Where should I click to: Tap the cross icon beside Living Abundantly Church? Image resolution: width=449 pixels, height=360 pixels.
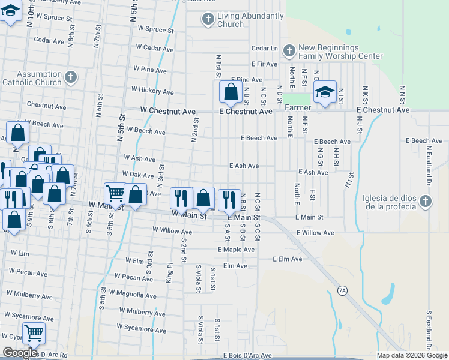point(208,19)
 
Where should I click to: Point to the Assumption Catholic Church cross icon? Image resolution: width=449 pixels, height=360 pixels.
point(71,77)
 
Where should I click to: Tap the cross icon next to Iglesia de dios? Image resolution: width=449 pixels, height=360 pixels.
point(425,201)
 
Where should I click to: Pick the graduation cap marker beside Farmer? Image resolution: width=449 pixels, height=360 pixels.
point(325,92)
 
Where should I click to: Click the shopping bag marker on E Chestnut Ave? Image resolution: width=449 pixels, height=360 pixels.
point(231,92)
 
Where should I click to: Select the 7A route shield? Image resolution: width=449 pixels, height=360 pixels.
point(342,291)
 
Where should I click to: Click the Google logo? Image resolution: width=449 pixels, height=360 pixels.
point(20,353)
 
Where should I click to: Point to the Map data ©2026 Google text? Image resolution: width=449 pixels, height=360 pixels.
point(412,355)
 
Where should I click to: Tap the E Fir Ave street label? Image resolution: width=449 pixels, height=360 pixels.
point(264,64)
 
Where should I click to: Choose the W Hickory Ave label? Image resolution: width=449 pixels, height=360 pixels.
point(152,91)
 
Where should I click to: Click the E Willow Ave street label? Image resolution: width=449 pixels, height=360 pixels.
point(315,233)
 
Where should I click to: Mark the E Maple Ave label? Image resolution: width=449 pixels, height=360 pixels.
point(237,250)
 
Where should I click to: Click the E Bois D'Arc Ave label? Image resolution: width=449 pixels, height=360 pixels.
point(248,356)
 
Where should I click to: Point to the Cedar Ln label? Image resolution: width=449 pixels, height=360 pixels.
point(265,48)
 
